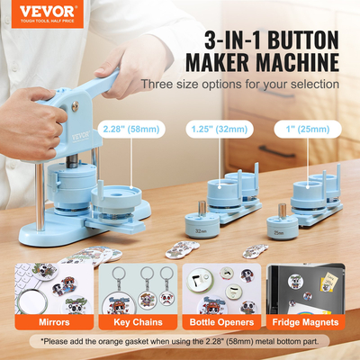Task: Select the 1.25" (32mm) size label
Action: point(213,127)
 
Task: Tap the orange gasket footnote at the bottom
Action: point(180,342)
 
